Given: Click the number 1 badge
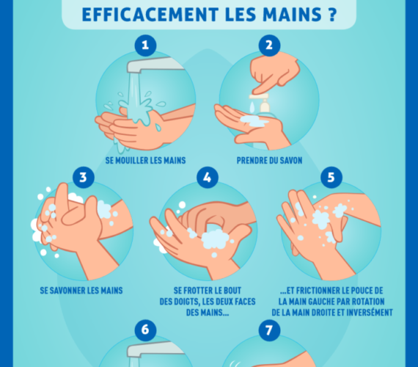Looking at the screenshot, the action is click(x=145, y=46).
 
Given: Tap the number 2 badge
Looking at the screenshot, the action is click(x=269, y=46).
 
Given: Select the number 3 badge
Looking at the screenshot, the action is click(x=84, y=178).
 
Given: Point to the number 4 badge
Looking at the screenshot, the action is click(x=208, y=178).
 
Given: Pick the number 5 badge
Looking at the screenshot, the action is click(x=331, y=178).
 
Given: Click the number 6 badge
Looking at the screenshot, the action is click(x=145, y=330).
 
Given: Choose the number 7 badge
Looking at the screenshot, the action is click(x=269, y=330).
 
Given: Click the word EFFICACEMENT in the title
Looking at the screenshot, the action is click(x=150, y=15).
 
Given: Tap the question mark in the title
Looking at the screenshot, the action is click(x=331, y=15).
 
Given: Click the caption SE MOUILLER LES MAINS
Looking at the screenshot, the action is click(x=145, y=161).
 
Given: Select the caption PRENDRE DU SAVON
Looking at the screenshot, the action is click(x=270, y=161).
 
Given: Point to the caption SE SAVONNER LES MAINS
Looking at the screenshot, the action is click(x=81, y=291).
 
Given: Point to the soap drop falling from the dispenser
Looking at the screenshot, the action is click(x=252, y=107).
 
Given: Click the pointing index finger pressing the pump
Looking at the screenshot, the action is click(x=263, y=83).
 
